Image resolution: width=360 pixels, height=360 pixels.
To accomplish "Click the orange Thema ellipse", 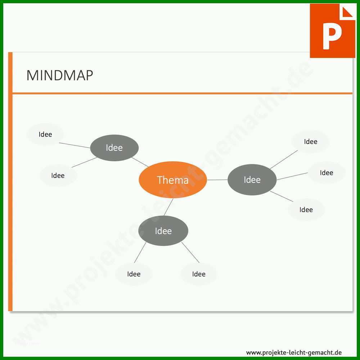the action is point(173,180).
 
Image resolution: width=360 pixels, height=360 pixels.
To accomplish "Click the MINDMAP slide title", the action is point(60,75).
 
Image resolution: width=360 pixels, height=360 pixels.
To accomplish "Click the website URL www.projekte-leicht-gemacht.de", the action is point(294,352).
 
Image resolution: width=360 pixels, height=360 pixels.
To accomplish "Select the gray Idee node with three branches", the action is point(252,180).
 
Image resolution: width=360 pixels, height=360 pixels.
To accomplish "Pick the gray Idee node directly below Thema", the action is point(163,231).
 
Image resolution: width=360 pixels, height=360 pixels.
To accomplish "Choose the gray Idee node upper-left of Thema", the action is point(114,148).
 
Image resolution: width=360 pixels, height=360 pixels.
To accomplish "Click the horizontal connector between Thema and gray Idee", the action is point(217,180).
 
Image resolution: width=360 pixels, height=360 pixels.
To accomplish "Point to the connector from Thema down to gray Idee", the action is point(168,207).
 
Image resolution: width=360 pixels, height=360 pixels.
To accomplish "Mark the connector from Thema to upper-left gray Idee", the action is point(140,162).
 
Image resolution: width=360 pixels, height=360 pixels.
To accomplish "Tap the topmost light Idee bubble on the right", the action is point(310,141).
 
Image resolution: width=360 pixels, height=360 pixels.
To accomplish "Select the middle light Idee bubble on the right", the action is point(326,172).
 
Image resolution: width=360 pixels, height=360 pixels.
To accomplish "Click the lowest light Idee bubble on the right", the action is point(306,210).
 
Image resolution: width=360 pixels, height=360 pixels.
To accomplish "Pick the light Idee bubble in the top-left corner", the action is point(45,134).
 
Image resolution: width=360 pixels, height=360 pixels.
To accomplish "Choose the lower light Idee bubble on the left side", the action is point(58,175).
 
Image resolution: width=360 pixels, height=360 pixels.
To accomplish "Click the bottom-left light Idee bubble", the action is point(134,274).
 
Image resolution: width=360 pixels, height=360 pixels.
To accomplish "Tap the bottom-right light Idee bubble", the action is point(199,274).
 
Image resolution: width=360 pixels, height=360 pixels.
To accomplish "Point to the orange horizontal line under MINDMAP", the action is point(182,94).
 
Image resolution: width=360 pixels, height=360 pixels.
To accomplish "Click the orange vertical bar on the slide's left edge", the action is point(10,181).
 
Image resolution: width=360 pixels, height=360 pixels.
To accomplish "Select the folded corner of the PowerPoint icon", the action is point(347,12).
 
